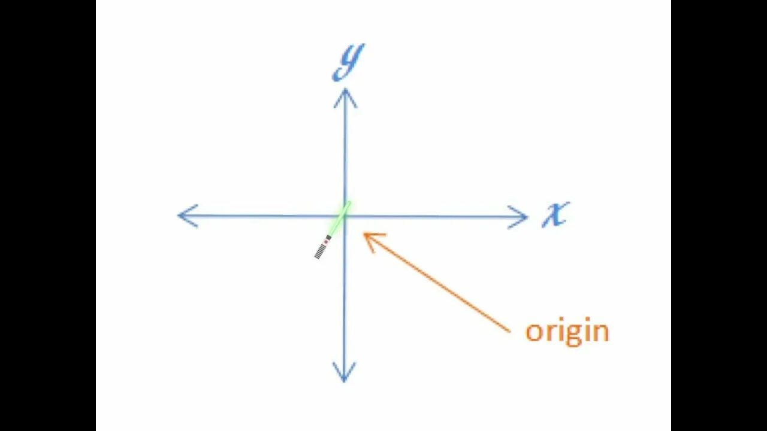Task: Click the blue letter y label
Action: (x=349, y=62)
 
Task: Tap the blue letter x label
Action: (x=555, y=214)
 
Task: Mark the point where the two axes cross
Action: (x=345, y=215)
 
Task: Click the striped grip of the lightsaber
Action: (x=321, y=252)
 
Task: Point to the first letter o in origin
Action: (x=534, y=332)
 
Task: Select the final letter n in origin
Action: (x=601, y=332)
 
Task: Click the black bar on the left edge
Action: (x=48, y=215)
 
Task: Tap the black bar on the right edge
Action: (x=719, y=215)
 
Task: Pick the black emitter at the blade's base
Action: (x=328, y=238)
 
